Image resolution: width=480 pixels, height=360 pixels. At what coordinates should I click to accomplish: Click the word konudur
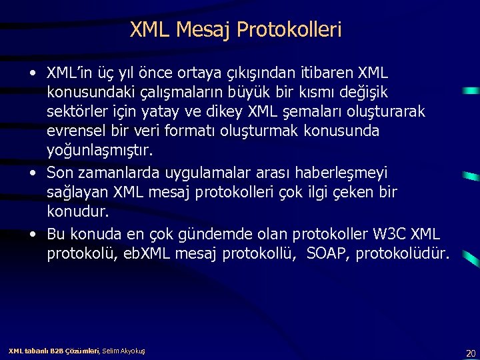tap(77, 211)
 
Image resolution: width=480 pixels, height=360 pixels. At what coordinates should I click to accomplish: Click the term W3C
tap(387, 234)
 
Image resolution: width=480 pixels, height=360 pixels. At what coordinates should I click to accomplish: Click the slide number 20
tap(471, 353)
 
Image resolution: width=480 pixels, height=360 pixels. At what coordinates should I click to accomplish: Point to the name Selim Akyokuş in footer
tap(123, 351)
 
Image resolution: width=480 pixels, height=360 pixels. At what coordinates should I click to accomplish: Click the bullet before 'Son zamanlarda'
tap(33, 173)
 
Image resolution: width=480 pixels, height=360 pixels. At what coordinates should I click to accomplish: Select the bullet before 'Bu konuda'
tap(33, 235)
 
